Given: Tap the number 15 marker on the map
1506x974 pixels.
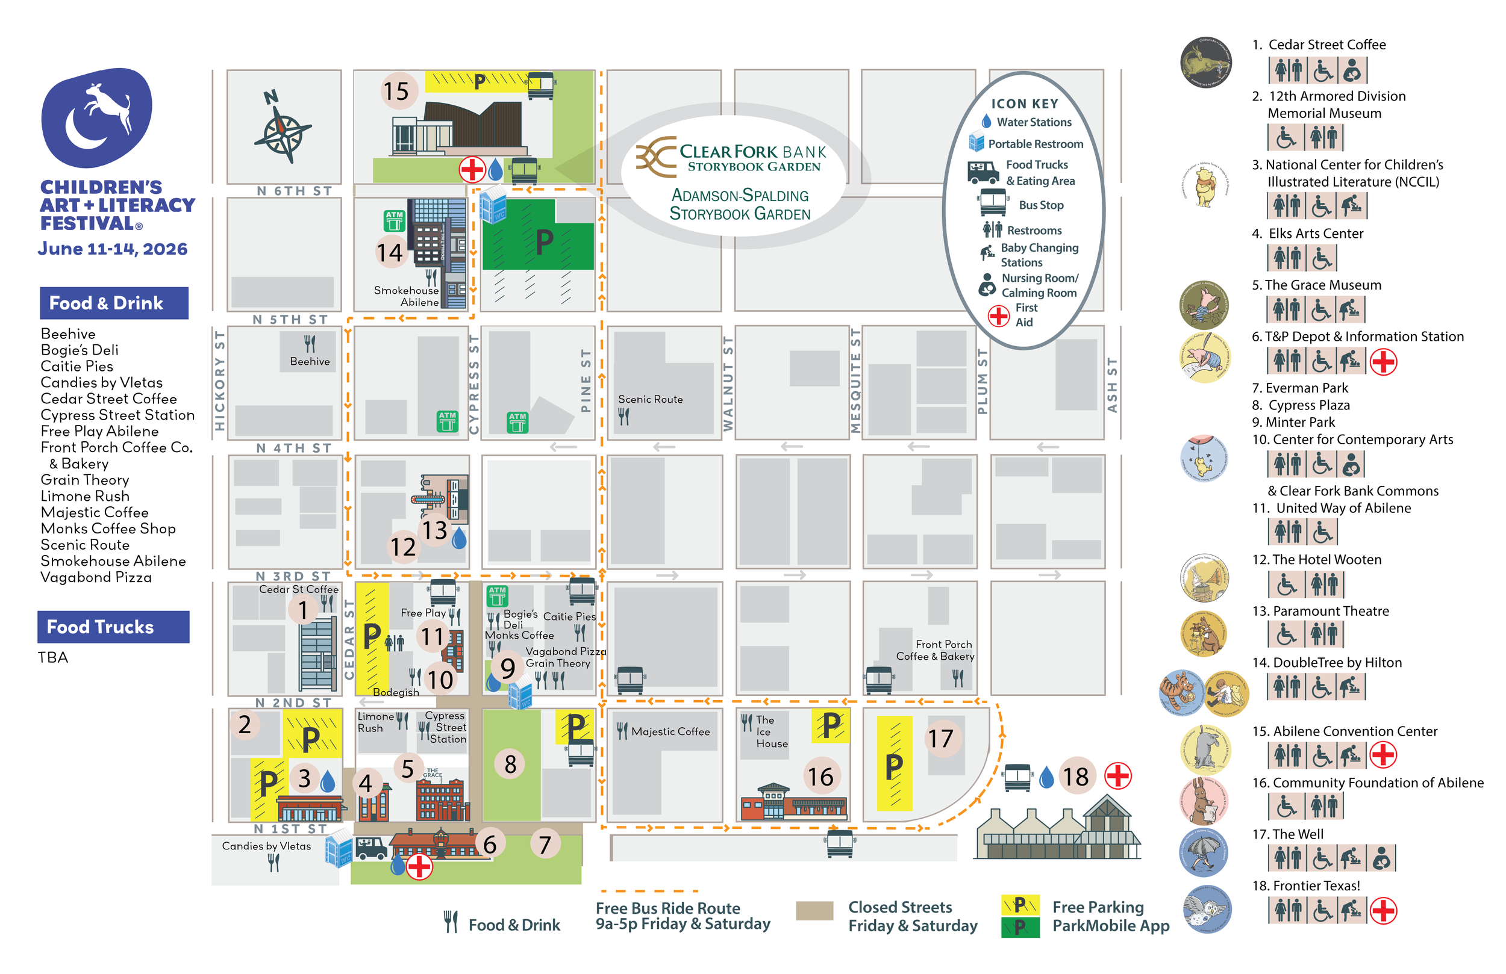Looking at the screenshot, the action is [397, 91].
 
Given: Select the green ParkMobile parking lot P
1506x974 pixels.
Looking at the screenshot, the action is [543, 241].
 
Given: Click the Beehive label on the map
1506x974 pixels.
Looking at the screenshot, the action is [310, 361].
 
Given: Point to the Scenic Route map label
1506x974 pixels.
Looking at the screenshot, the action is [650, 399].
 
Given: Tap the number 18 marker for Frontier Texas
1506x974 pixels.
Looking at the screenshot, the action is [1075, 777].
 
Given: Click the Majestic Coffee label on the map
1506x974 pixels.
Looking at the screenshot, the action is [670, 731].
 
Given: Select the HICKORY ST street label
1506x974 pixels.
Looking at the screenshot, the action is [219, 380].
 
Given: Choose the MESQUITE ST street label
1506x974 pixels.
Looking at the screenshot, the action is [855, 380].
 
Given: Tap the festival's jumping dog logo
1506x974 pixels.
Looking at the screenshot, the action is [97, 117].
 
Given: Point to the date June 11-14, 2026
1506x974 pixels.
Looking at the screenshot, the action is [113, 249].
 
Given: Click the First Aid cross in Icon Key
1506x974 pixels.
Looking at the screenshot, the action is [999, 315].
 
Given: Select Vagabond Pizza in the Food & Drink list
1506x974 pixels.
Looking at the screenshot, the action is [96, 577].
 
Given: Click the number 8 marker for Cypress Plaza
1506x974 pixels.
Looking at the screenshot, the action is [510, 765].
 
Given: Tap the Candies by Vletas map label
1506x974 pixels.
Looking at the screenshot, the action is [266, 846].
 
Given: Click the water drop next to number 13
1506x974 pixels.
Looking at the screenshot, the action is [460, 538].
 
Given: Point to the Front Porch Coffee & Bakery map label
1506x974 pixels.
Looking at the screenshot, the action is [936, 650].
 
